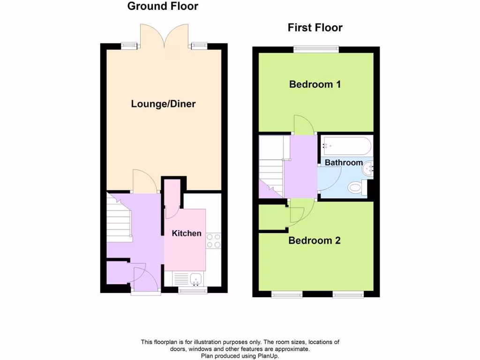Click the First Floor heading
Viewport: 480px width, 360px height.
tap(315, 28)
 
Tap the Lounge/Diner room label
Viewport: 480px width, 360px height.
tap(163, 104)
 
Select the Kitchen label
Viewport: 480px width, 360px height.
tap(187, 233)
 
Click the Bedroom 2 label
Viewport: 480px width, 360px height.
tap(314, 241)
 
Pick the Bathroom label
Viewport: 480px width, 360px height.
tap(344, 163)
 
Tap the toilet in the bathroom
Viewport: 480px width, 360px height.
tap(356, 188)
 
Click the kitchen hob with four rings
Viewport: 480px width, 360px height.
tap(214, 240)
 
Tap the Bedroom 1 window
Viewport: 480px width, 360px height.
tap(316, 48)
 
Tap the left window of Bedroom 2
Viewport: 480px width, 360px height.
tap(287, 295)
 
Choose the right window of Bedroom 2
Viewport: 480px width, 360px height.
tap(348, 295)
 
